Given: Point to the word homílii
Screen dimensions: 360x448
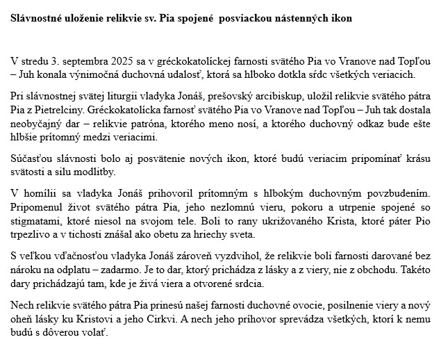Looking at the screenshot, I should pyautogui.click(x=39, y=191).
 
